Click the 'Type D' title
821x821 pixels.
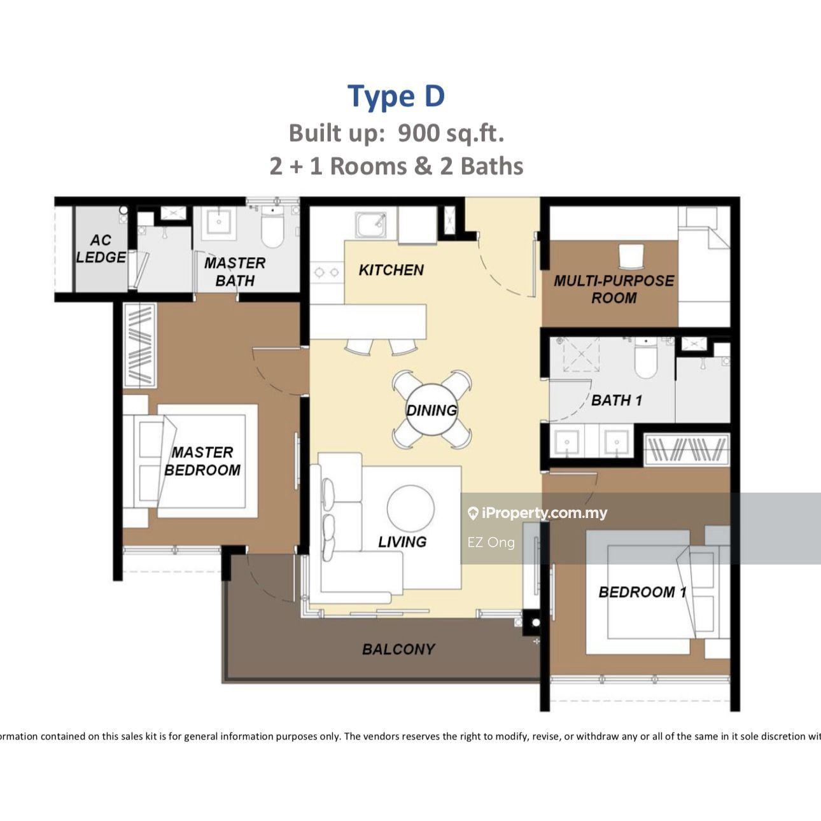pos(396,97)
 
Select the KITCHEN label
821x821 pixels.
pos(391,270)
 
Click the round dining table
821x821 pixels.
pos(432,409)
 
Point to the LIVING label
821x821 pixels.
pos(402,542)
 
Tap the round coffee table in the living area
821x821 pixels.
pos(410,509)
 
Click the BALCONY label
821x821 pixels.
pos(398,649)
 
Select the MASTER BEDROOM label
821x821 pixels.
pos(202,461)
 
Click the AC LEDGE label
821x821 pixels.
pos(101,249)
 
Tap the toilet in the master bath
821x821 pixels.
pos(272,227)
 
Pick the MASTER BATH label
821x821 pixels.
pos(235,272)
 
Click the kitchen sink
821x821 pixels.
pos(370,225)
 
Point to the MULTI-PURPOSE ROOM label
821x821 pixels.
pos(614,290)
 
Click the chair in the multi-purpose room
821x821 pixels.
pos(631,256)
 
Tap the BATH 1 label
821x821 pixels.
pos(617,400)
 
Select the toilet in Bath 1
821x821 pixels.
pos(646,358)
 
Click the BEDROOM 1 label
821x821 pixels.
pos(643,593)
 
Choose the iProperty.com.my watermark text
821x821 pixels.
pos(537,513)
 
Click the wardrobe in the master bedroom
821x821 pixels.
pos(140,346)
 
